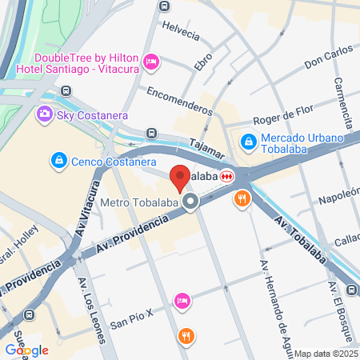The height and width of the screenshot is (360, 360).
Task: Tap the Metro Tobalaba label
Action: click(138, 202)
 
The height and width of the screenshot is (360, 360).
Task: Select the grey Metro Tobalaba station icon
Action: click(190, 202)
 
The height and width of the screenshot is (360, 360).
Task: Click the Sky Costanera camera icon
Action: click(45, 115)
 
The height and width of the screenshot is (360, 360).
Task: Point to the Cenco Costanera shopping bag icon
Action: click(58, 161)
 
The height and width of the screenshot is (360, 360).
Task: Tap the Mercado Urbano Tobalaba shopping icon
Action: click(249, 142)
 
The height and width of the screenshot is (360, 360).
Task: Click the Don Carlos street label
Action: click(328, 59)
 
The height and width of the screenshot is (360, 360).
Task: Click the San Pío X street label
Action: click(132, 323)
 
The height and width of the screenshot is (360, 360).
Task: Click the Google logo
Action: click(26, 350)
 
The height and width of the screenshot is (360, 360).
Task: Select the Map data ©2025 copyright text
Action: click(325, 354)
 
